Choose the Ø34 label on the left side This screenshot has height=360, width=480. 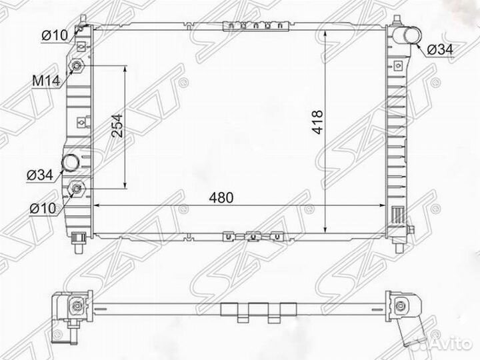click(x=39, y=175)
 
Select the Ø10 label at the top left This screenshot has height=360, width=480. click(x=53, y=35)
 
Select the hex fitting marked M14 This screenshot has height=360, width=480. click(x=78, y=67)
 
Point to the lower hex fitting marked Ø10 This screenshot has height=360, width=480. click(x=77, y=189)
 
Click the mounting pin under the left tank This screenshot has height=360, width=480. click(x=79, y=241)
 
